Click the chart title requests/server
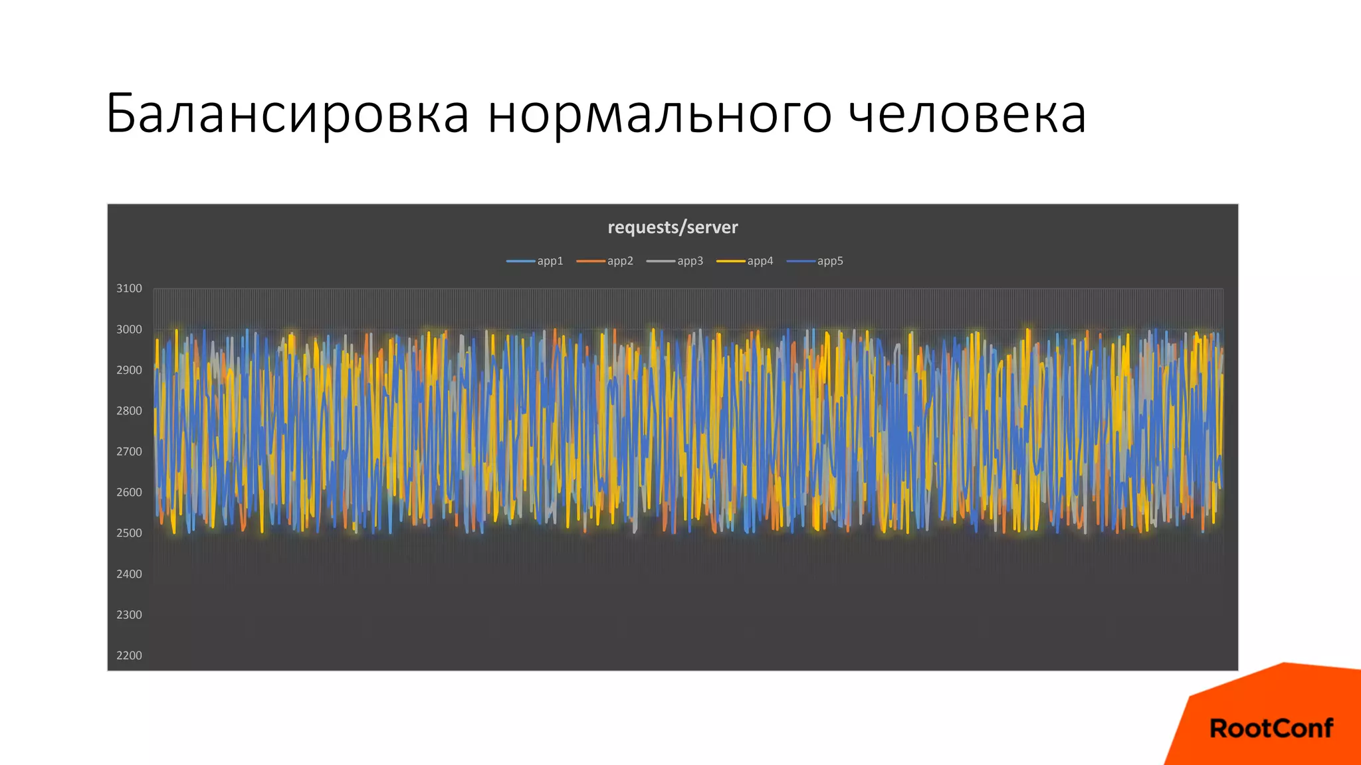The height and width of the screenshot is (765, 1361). pyautogui.click(x=673, y=227)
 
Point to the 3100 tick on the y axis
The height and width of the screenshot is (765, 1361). pyautogui.click(x=129, y=288)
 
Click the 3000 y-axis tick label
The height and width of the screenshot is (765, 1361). pyautogui.click(x=129, y=329)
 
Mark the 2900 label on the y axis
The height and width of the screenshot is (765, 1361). pyautogui.click(x=129, y=370)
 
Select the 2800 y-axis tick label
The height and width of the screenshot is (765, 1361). pyautogui.click(x=129, y=411)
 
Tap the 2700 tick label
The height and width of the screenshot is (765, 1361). pyautogui.click(x=129, y=452)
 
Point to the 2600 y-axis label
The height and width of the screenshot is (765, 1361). pyautogui.click(x=129, y=493)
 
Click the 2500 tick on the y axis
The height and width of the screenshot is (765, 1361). pyautogui.click(x=129, y=533)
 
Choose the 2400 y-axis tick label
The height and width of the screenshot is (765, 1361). pyautogui.click(x=129, y=574)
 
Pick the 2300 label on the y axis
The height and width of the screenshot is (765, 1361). pyautogui.click(x=129, y=615)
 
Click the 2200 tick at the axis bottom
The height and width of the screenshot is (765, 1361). pyautogui.click(x=129, y=655)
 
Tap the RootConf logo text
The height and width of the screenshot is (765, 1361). pyautogui.click(x=1271, y=728)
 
